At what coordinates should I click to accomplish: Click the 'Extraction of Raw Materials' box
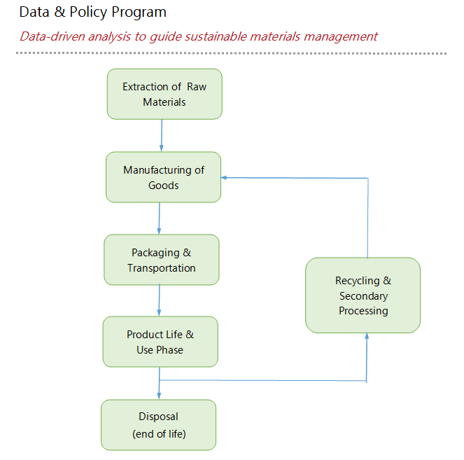click(164, 94)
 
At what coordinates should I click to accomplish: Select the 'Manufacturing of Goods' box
click(163, 177)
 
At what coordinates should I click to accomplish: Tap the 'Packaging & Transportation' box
click(162, 260)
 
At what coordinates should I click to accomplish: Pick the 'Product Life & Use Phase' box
click(160, 342)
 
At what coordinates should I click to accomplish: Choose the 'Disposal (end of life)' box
click(159, 425)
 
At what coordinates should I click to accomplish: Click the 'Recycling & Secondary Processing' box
click(363, 295)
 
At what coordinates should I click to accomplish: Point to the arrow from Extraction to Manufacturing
click(162, 136)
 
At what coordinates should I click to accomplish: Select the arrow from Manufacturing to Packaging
click(159, 218)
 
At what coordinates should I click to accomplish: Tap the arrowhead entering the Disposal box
click(159, 396)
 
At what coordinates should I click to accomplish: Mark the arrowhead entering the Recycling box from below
click(367, 336)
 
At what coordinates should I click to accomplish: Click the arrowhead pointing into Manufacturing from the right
click(224, 178)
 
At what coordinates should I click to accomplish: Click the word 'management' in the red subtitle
click(341, 37)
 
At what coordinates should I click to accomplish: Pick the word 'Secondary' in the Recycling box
click(364, 296)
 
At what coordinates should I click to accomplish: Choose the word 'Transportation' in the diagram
click(162, 268)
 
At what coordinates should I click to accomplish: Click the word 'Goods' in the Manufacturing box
click(163, 186)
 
